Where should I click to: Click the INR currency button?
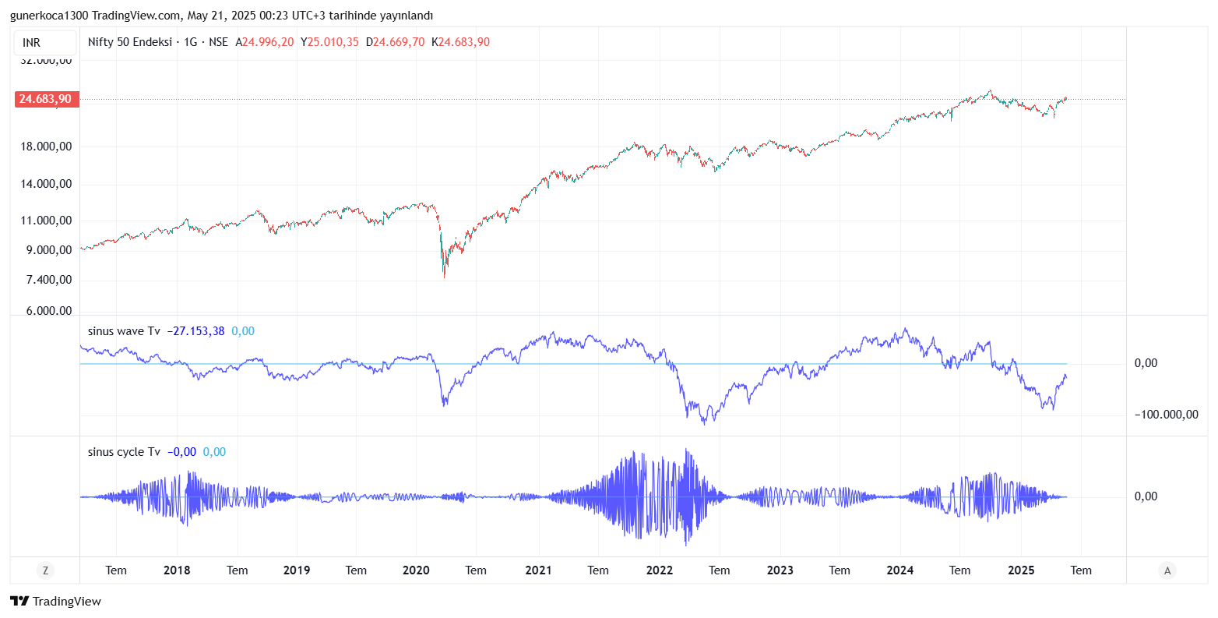(32, 43)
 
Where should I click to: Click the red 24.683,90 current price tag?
(45, 99)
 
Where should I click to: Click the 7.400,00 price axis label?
(48, 280)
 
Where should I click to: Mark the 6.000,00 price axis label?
(48, 311)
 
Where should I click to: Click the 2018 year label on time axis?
(177, 570)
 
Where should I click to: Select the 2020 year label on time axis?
(416, 570)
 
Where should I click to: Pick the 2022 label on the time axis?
(659, 570)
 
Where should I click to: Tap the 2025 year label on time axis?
(1021, 570)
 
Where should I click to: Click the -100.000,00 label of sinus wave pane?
(1166, 415)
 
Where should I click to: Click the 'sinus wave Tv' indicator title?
(124, 331)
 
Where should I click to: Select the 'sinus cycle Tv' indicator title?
(124, 452)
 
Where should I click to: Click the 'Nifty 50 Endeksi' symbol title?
(129, 42)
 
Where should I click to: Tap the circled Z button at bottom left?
(45, 570)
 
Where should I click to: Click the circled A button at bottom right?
(1167, 570)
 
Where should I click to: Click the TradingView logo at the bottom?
(56, 601)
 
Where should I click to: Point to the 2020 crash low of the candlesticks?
(445, 276)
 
